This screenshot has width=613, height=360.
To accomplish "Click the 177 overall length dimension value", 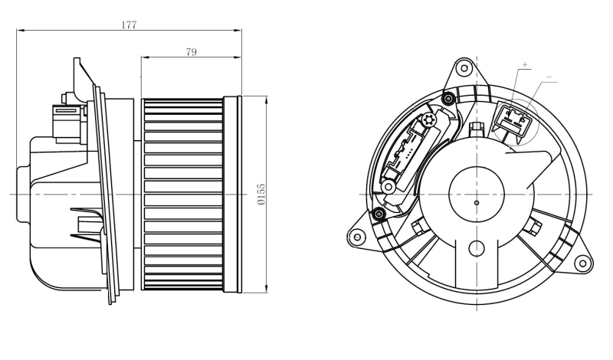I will tap(129, 25).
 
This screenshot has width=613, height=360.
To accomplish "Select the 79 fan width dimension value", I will tap(192, 51).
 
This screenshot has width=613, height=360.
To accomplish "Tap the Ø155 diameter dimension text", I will tap(261, 194).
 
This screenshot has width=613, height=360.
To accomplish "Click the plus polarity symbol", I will tap(525, 64).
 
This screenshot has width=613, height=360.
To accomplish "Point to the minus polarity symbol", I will tap(548, 77).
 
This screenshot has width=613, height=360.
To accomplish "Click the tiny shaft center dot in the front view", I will tap(477, 203).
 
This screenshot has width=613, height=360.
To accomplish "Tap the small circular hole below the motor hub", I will tap(477, 248).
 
